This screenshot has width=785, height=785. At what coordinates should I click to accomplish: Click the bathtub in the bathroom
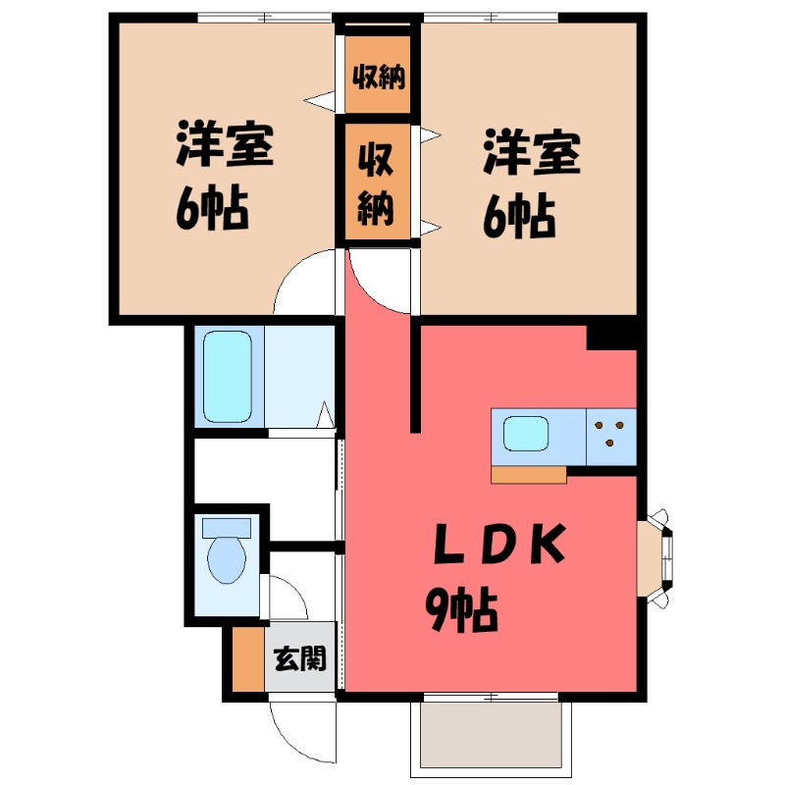(229, 376)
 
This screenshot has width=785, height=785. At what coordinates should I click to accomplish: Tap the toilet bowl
(228, 556)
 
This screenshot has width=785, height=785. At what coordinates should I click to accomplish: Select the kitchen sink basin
(526, 433)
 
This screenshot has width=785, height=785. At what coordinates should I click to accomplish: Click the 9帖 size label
(461, 613)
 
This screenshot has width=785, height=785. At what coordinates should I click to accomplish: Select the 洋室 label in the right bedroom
(531, 154)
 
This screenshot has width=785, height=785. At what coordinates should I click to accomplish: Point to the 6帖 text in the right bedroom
(519, 216)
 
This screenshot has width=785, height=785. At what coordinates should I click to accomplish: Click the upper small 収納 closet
(379, 74)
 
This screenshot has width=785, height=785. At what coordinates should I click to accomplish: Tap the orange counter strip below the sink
(529, 475)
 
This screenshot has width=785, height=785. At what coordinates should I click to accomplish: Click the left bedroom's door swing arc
(304, 280)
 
